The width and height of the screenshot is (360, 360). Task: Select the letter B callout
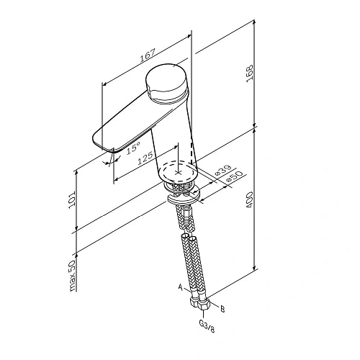222,309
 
